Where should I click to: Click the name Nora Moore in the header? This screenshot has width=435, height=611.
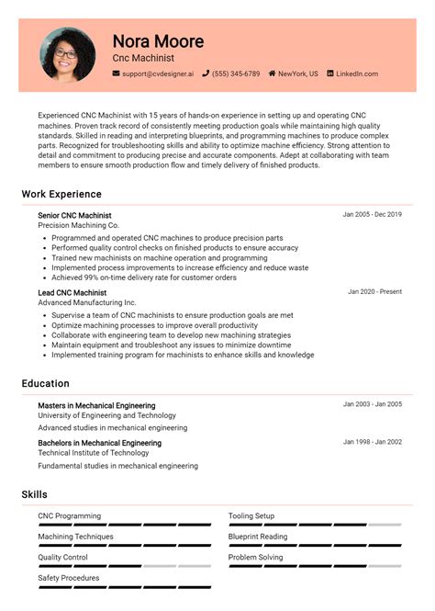coord(158,41)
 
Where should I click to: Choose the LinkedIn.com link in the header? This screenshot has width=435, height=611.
coord(356,74)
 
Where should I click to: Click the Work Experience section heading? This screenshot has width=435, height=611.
coord(61,195)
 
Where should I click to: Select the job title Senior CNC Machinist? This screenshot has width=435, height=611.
coord(74,215)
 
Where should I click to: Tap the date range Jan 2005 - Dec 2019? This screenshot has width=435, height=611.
coord(372,214)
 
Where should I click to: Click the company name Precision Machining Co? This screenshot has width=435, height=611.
coord(78,225)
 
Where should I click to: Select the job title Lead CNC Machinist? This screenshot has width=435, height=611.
coord(72,293)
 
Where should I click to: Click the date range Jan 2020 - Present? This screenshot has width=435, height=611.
coord(374,292)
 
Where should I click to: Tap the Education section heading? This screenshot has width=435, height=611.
coord(45,383)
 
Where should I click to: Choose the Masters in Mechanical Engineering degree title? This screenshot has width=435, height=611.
coord(96,405)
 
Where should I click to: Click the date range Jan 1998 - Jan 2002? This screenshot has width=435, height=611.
coord(372,442)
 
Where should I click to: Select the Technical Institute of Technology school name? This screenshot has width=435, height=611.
coord(93,453)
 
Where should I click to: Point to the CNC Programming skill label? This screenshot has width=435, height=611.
coord(69,516)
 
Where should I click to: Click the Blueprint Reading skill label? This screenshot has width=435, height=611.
coord(257,537)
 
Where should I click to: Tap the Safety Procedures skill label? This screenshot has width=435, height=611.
coord(69,578)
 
